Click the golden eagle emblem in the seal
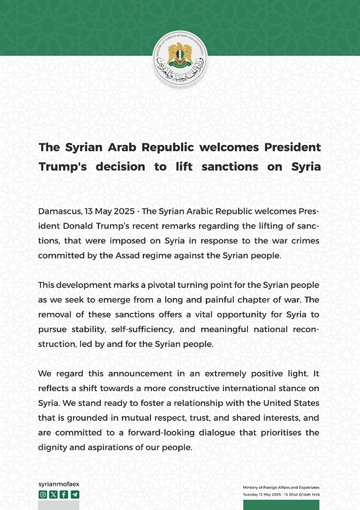point(179,55)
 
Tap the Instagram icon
point(43,495)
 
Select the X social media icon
point(54,495)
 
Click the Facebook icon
point(64,495)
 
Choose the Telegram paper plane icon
point(74,495)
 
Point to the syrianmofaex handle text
point(59,484)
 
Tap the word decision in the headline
point(121,166)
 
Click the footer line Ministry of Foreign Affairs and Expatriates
point(281,487)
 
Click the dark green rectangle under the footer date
point(281,505)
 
